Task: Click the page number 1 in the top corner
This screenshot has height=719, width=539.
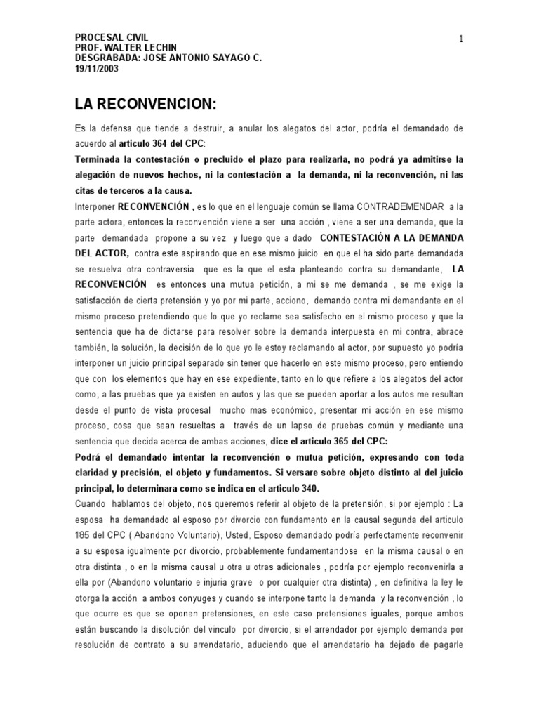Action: coord(461,39)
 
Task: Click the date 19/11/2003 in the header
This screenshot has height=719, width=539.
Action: coord(98,69)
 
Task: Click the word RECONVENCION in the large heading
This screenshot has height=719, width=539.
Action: coord(157,105)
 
